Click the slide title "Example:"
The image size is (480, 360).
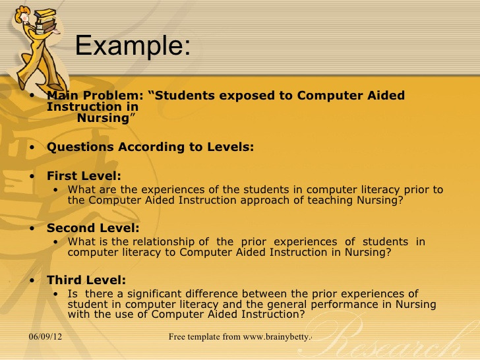tap(133, 46)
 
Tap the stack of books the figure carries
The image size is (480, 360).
tap(46, 21)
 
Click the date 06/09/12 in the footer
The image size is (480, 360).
tap(45, 337)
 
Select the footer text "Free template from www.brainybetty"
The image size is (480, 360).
tap(239, 337)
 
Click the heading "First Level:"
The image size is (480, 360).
tap(84, 176)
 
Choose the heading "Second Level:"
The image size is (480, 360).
tap(93, 228)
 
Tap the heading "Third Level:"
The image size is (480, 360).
tap(86, 280)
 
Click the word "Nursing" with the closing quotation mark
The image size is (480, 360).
tap(106, 118)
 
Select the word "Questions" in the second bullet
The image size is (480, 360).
tap(80, 147)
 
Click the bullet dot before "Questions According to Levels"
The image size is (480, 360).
tap(32, 147)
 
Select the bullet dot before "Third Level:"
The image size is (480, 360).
tap(32, 280)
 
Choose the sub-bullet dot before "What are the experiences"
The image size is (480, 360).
tap(55, 190)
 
